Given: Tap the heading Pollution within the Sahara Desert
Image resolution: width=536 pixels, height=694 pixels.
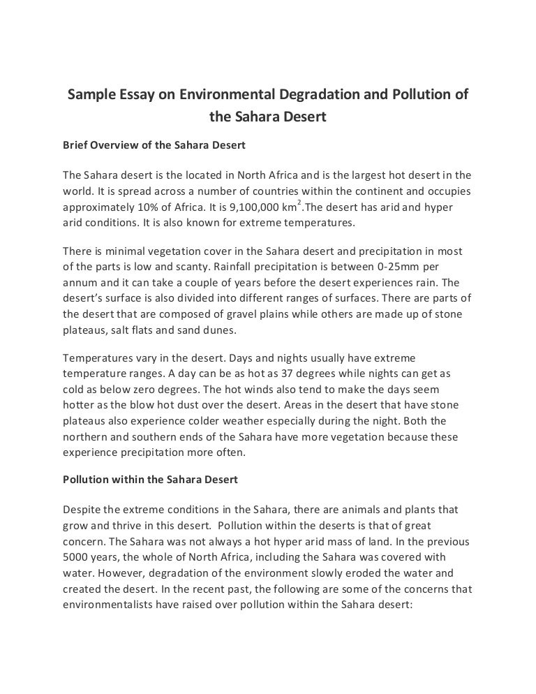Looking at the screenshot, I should click(151, 480).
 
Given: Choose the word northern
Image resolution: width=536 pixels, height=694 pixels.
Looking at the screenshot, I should click(84, 437).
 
